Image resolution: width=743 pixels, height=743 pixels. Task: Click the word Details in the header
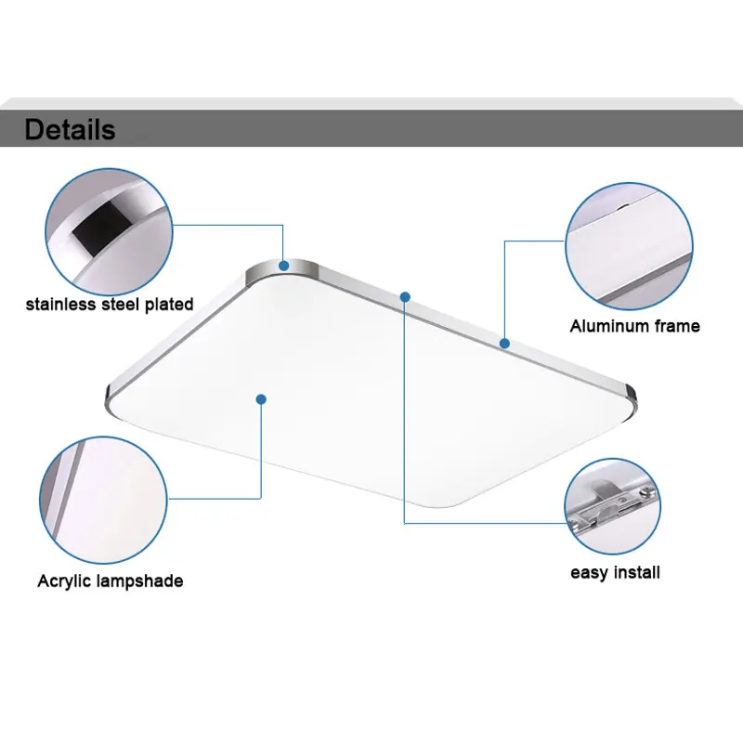pyautogui.click(x=70, y=129)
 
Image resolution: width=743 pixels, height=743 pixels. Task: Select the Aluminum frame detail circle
pyautogui.click(x=629, y=244)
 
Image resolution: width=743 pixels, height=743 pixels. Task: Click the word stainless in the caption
pyautogui.click(x=62, y=304)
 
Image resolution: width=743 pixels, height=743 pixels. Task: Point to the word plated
pyautogui.click(x=168, y=304)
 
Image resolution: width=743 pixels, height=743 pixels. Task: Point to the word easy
pyautogui.click(x=589, y=572)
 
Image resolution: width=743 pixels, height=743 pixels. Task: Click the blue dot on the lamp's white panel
pyautogui.click(x=261, y=398)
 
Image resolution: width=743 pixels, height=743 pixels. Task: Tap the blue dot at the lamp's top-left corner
pyautogui.click(x=284, y=266)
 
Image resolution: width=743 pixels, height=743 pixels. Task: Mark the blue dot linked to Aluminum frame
pyautogui.click(x=504, y=343)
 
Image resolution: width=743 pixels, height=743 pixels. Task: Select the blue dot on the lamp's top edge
pyautogui.click(x=405, y=296)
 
